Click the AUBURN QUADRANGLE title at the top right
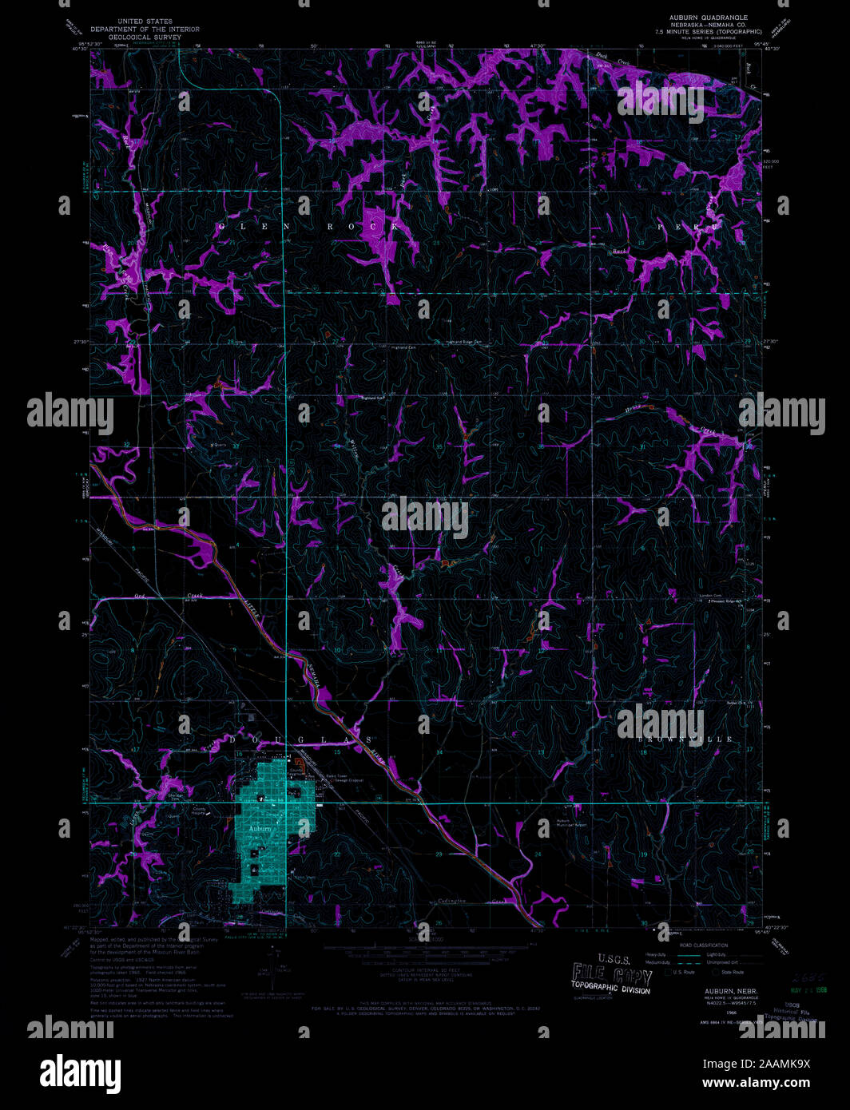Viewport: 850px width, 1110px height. (x=709, y=18)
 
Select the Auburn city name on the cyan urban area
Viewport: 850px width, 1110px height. (x=260, y=829)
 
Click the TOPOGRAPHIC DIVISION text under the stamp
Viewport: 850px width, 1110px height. (x=611, y=989)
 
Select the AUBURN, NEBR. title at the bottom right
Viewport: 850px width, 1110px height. (x=725, y=989)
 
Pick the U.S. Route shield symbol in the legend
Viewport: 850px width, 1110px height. (x=669, y=972)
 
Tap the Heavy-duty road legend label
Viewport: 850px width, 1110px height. (x=657, y=954)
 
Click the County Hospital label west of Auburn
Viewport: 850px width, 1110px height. (x=201, y=811)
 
